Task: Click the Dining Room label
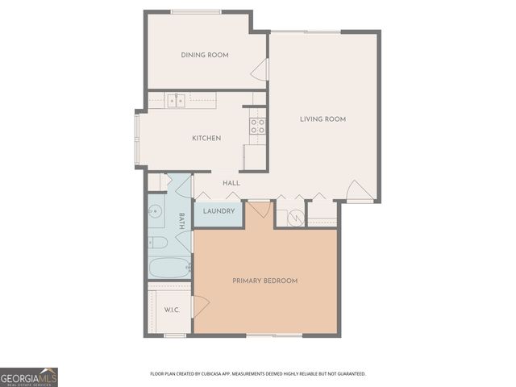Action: [204, 55]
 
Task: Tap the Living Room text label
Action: [322, 119]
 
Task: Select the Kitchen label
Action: [206, 138]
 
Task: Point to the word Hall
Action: [231, 184]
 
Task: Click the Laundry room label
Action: [218, 212]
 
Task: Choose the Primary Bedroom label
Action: [264, 281]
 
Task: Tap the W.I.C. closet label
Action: [171, 310]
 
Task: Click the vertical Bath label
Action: [181, 221]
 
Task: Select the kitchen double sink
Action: [177, 101]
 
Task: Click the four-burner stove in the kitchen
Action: [258, 125]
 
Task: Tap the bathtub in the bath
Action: [169, 266]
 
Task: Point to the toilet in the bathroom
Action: [158, 242]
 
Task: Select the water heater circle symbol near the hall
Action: [295, 216]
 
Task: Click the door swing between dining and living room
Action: [260, 73]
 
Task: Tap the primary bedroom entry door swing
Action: [258, 211]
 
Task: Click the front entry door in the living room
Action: [359, 192]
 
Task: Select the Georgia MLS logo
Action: [29, 377]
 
